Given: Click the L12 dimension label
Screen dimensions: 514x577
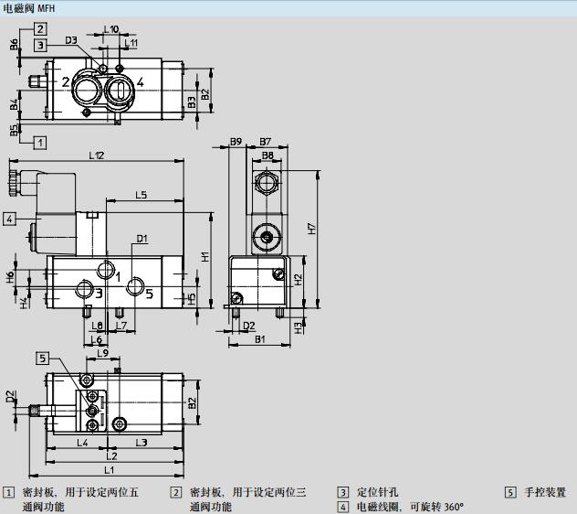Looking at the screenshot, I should [96, 156].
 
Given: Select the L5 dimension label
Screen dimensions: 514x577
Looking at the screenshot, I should [142, 195].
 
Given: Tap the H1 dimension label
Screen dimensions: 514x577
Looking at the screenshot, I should [206, 257].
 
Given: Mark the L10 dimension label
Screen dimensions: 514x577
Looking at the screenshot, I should [111, 29].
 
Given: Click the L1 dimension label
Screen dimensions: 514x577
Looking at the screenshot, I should [110, 470].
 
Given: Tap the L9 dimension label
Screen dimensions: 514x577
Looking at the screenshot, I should [102, 354].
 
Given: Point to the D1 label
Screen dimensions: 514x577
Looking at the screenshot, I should [142, 240].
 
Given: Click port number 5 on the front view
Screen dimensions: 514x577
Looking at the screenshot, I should [149, 294].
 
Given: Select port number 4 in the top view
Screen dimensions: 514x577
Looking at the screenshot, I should [140, 82].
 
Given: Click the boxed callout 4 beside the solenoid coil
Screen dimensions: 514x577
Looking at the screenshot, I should [8, 218].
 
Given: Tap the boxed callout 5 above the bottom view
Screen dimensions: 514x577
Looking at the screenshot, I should [42, 358].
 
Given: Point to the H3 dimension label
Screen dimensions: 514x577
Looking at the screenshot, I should [299, 327].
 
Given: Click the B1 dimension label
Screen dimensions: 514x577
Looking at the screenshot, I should [260, 340].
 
